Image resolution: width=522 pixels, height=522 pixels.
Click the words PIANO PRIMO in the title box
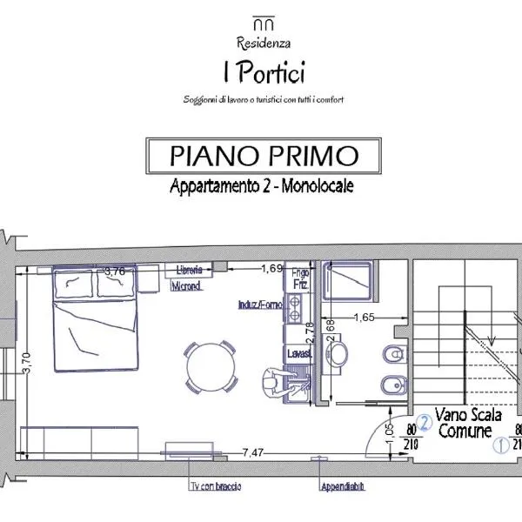point(264,157)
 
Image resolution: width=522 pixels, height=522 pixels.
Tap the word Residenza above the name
point(263,42)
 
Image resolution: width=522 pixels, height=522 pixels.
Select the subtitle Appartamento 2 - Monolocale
point(262,186)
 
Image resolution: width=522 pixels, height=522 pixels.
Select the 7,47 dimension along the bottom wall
point(253,452)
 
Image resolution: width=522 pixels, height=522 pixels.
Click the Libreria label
point(190,269)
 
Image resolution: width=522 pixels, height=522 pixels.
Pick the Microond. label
point(187,285)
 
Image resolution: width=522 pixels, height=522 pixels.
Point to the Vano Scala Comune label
point(461,424)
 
